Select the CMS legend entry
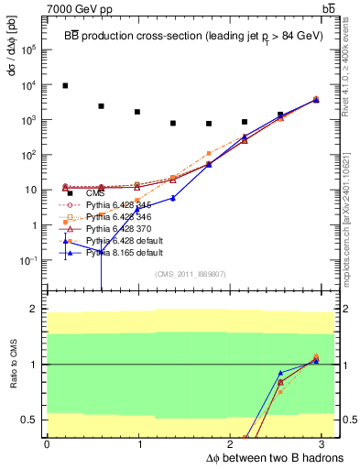coord(95,193)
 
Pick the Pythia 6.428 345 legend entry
coord(118,206)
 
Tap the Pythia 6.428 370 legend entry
coord(118,228)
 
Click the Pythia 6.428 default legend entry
coord(124,240)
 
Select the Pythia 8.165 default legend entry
coord(124,252)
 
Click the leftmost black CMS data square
coord(65,86)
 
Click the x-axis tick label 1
coord(138,445)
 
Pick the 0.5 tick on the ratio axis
coord(31,420)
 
